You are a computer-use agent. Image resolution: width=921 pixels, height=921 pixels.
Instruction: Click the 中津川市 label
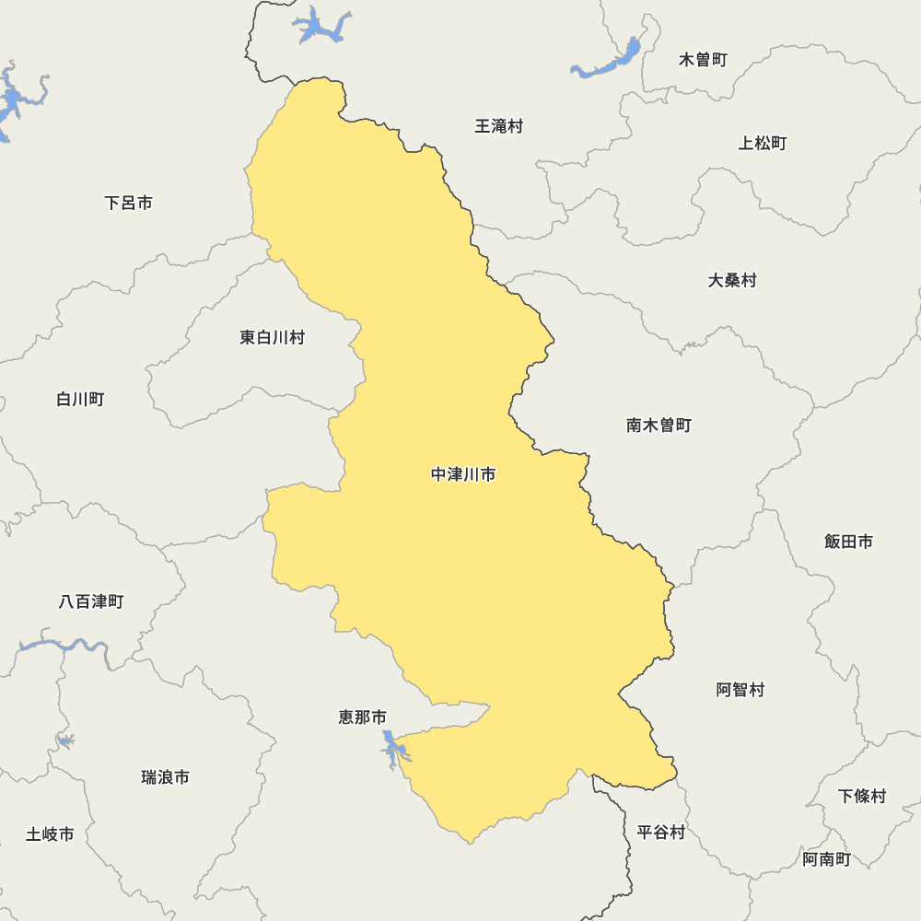pyautogui.click(x=463, y=475)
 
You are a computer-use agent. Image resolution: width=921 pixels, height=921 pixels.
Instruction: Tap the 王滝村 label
pyautogui.click(x=498, y=126)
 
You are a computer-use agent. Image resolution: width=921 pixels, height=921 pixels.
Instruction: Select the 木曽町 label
pyautogui.click(x=703, y=60)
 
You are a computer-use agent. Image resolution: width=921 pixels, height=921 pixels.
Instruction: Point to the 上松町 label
pyautogui.click(x=763, y=143)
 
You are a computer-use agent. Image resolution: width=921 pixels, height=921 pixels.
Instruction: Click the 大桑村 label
pyautogui.click(x=732, y=280)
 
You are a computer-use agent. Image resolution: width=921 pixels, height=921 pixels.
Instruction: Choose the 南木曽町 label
pyautogui.click(x=659, y=426)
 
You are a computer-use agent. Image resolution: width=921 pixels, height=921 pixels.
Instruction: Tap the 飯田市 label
pyautogui.click(x=848, y=542)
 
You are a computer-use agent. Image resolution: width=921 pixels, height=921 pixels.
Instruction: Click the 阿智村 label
pyautogui.click(x=740, y=690)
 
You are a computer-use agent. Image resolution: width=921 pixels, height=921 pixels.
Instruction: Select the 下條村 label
pyautogui.click(x=862, y=796)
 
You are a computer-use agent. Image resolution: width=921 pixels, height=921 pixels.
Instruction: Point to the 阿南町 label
pyautogui.click(x=826, y=859)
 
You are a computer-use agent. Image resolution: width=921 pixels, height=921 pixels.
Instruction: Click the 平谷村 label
pyautogui.click(x=661, y=833)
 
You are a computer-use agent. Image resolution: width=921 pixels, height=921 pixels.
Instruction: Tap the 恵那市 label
pyautogui.click(x=363, y=717)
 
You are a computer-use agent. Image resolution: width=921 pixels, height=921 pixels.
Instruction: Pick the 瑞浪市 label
pyautogui.click(x=166, y=777)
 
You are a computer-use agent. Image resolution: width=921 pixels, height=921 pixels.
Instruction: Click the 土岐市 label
pyautogui.click(x=50, y=834)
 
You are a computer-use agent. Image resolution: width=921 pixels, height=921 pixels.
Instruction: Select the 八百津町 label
pyautogui.click(x=91, y=601)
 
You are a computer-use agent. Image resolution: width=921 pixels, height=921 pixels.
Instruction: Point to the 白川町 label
pyautogui.click(x=80, y=399)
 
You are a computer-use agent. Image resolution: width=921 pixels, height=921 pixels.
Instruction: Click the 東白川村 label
pyautogui.click(x=272, y=337)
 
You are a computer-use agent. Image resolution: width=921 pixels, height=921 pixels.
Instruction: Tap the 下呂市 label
pyautogui.click(x=128, y=203)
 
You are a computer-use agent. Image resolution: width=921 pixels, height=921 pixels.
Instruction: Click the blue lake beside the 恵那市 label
pyautogui.click(x=393, y=747)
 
